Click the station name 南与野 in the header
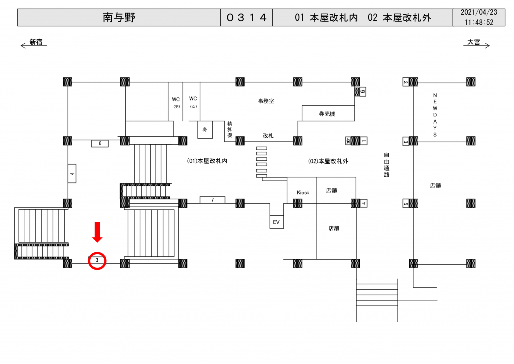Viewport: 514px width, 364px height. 119,18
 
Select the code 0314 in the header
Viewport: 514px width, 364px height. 246,18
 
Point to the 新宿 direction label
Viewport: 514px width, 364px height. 36,43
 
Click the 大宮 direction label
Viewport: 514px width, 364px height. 474,43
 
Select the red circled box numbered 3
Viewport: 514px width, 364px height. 97,260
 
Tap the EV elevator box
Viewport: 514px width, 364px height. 276,222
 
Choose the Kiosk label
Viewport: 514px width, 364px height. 303,193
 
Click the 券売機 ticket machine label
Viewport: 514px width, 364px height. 327,114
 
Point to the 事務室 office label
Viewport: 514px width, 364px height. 266,101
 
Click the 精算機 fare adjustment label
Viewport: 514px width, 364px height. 230,129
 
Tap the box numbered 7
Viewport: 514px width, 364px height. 212,200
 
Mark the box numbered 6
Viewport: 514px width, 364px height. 100,144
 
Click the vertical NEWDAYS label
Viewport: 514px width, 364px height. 435,115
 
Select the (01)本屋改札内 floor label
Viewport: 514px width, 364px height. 207,161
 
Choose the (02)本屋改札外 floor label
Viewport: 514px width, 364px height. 328,161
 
